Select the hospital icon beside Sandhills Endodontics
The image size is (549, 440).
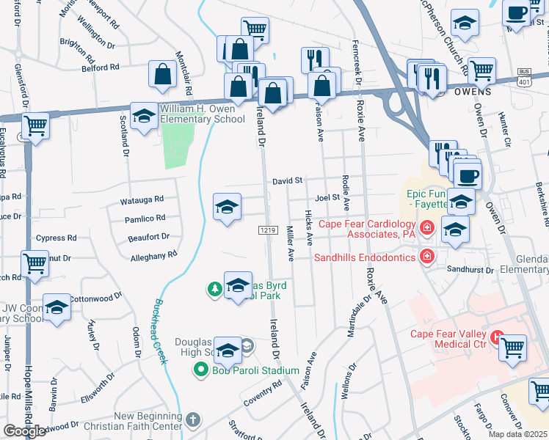[x=426, y=257]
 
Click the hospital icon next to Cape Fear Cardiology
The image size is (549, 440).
[x=426, y=227]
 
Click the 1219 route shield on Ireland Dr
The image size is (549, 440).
[x=267, y=230]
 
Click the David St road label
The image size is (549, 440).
[x=288, y=180]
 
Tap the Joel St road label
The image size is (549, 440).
[x=327, y=197]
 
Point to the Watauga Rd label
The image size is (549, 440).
[x=142, y=199]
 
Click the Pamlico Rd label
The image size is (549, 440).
[x=145, y=218]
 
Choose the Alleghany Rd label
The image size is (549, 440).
[x=153, y=255]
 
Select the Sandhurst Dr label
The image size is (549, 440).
[x=470, y=270]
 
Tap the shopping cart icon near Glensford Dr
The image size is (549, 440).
[x=34, y=125]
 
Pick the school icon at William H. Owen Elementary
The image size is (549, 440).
[x=144, y=116]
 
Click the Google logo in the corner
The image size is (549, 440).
[x=24, y=431]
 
